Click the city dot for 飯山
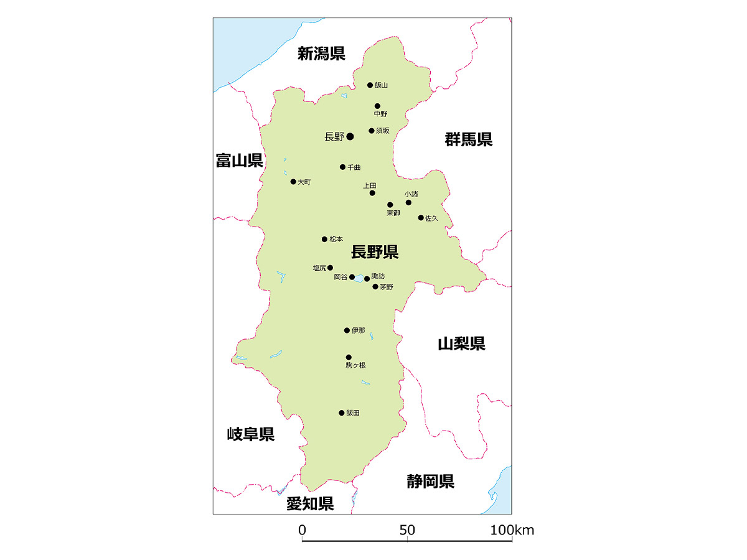(370, 85)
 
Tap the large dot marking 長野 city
(350, 136)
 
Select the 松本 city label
(336, 239)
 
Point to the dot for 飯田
(341, 413)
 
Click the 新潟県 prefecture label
(321, 54)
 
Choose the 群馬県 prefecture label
(469, 139)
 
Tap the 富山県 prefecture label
(240, 161)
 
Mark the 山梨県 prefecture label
(461, 343)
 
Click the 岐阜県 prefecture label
(250, 434)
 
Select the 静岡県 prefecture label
(431, 481)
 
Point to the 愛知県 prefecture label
(310, 503)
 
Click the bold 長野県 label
(375, 252)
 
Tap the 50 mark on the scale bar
(407, 531)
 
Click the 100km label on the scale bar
(512, 531)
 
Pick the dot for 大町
(293, 182)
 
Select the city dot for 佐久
(421, 218)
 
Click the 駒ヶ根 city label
(355, 365)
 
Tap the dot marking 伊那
(347, 330)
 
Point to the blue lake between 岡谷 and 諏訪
(359, 280)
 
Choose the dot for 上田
(372, 193)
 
